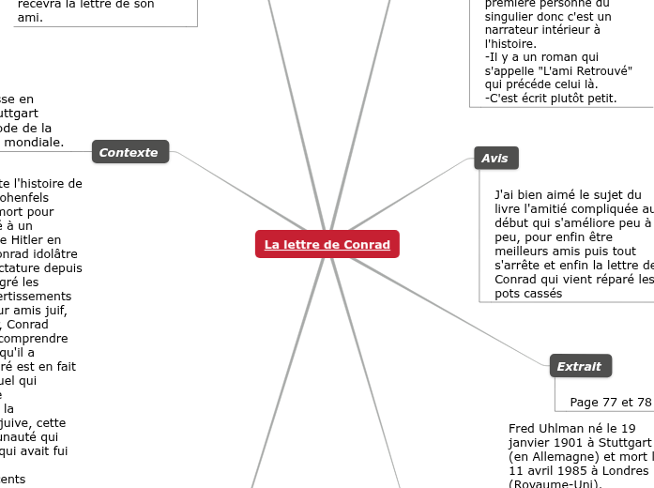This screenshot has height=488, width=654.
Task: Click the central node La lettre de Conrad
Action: coord(327,245)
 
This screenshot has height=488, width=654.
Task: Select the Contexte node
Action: coord(129,152)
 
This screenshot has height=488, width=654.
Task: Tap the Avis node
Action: coord(494,159)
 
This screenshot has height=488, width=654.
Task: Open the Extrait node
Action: coord(579,366)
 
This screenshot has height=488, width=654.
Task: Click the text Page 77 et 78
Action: coord(610,403)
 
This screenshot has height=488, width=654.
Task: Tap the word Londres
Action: coord(620,470)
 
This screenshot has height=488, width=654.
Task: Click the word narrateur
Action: coord(513,30)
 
